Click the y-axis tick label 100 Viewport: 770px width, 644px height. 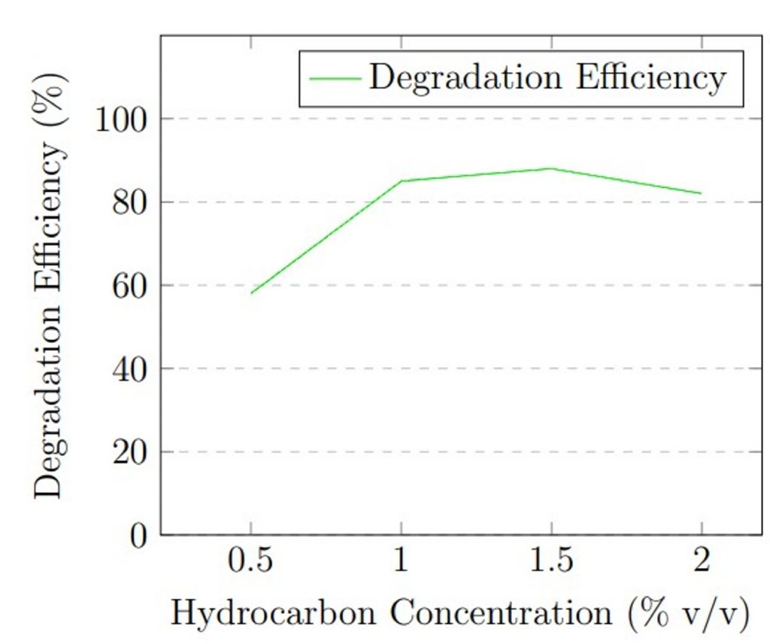[124, 120]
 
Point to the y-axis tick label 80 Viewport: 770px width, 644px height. [134, 203]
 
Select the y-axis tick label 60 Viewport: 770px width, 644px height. [134, 287]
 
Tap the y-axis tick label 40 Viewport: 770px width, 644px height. [134, 370]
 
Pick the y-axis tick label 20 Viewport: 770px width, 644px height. [134, 453]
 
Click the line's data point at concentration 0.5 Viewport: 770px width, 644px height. [250, 293]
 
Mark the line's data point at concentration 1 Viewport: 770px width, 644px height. [401, 181]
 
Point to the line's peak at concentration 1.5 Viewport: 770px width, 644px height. [552, 169]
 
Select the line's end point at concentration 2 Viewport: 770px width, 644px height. [702, 193]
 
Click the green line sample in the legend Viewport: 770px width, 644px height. [333, 78]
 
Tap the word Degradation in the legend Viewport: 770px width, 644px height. [465, 78]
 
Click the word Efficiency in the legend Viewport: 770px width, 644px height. [651, 78]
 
